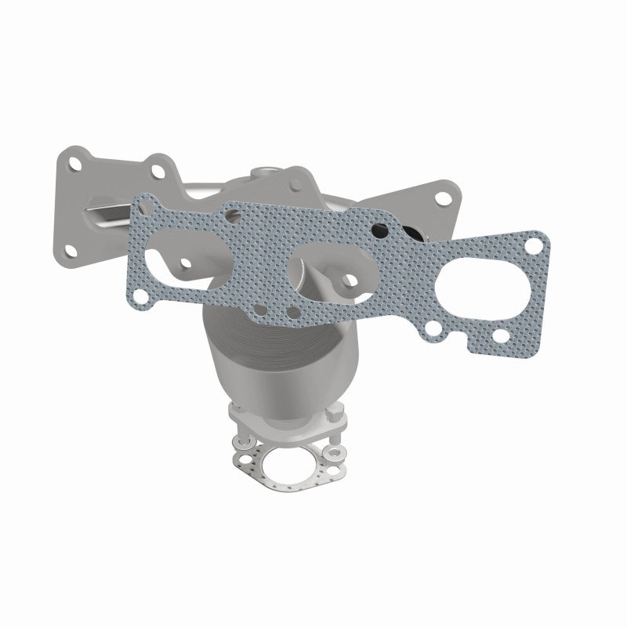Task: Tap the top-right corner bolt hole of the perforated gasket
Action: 534,246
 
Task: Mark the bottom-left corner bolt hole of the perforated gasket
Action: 140,294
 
